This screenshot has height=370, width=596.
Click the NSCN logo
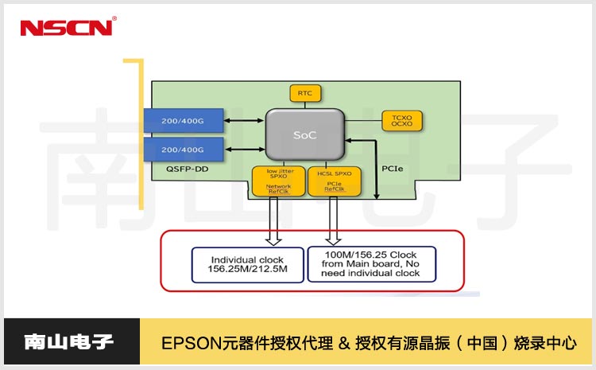[68, 27]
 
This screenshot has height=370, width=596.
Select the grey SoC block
[305, 134]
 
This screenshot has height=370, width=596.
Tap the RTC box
[305, 93]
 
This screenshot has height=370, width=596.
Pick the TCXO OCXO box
[402, 120]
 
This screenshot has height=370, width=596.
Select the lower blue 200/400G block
[183, 149]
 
